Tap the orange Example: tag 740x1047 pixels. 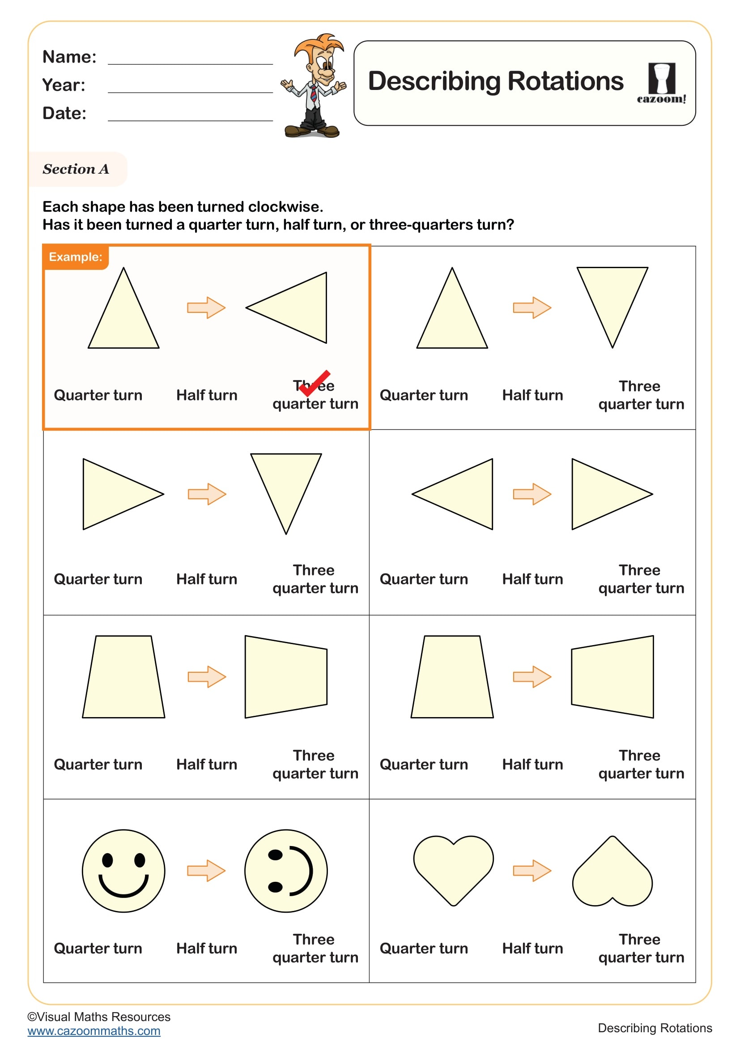[x=76, y=257]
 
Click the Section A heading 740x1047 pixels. [x=76, y=169]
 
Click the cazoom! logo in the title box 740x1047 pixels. [x=661, y=83]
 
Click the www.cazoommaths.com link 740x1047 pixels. [x=94, y=1030]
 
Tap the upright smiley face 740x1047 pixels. [x=123, y=871]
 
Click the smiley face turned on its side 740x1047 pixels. [x=286, y=871]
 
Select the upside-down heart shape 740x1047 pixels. [x=612, y=872]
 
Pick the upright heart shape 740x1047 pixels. [x=453, y=869]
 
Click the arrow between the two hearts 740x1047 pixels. [x=532, y=871]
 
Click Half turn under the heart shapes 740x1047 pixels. [x=532, y=949]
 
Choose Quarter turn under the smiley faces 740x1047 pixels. [x=98, y=949]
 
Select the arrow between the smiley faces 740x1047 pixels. [x=206, y=871]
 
